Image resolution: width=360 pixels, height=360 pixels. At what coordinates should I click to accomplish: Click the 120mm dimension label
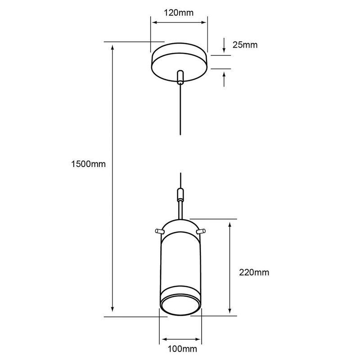click(179, 13)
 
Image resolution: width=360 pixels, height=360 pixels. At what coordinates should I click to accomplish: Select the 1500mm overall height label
click(88, 164)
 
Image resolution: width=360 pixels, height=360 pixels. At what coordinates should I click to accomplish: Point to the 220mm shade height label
click(254, 272)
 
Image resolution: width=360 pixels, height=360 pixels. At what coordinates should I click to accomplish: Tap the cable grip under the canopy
click(180, 77)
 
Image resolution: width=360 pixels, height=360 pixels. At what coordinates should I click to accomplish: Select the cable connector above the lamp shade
click(180, 195)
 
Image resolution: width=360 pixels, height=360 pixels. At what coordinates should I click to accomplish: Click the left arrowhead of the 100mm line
click(164, 338)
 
